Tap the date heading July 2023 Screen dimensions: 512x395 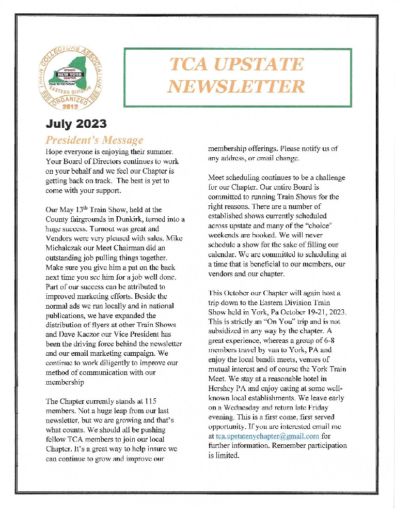(76, 124)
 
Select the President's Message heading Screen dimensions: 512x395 (94, 140)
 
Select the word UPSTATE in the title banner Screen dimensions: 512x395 (237, 65)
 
